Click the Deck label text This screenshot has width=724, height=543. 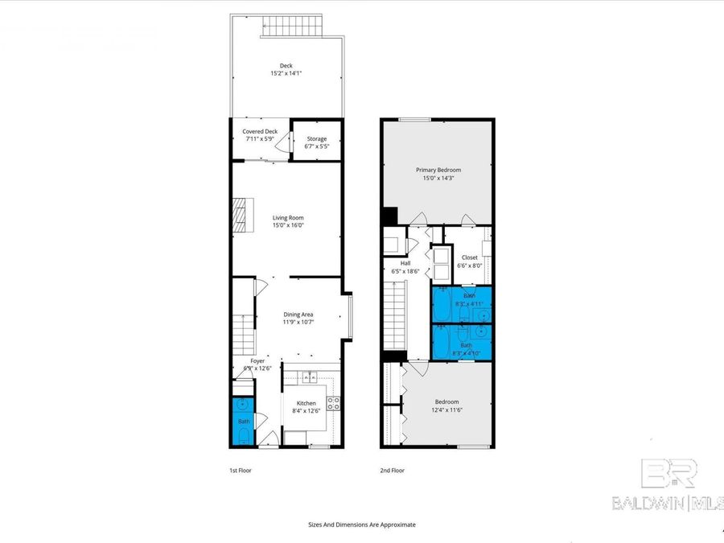(x=286, y=67)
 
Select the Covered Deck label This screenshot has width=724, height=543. (x=260, y=132)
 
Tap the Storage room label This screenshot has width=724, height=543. (x=316, y=139)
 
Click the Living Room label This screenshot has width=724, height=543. (x=287, y=218)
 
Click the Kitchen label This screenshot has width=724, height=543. (x=306, y=403)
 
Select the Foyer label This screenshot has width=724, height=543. (x=257, y=362)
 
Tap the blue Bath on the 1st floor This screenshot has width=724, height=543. (x=243, y=422)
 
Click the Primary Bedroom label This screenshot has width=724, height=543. (x=438, y=170)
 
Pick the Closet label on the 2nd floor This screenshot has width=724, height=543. (x=468, y=258)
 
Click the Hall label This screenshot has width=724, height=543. (x=405, y=263)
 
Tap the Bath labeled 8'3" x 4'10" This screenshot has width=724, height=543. (x=467, y=346)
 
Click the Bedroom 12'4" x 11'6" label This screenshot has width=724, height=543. (x=447, y=402)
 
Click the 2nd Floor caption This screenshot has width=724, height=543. (x=393, y=471)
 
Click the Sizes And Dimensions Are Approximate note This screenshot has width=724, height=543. (x=362, y=524)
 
